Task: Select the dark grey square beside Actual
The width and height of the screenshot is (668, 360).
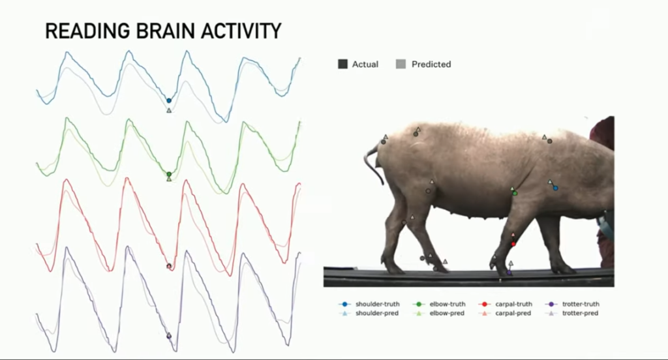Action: click(342, 65)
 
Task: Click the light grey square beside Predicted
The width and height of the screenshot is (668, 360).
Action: click(401, 65)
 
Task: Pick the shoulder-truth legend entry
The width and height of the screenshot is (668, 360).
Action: click(369, 304)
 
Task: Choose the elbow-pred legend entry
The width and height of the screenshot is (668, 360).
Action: click(439, 313)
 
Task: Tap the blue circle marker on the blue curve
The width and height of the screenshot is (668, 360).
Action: click(169, 100)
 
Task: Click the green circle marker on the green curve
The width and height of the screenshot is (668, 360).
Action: click(169, 174)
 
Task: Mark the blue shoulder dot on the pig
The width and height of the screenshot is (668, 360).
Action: click(556, 188)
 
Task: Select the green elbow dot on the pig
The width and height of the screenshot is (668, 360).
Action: click(515, 194)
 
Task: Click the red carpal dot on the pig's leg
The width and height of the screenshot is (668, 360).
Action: click(513, 244)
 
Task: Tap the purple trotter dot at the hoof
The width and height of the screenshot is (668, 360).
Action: click(509, 273)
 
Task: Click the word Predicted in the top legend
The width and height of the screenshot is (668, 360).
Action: click(431, 65)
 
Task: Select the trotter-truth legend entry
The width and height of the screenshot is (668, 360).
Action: click(572, 304)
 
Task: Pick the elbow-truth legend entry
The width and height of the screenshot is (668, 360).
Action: click(439, 304)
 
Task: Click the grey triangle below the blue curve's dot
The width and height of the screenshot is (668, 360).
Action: click(169, 110)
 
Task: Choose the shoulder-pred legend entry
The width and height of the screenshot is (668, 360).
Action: click(369, 313)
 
